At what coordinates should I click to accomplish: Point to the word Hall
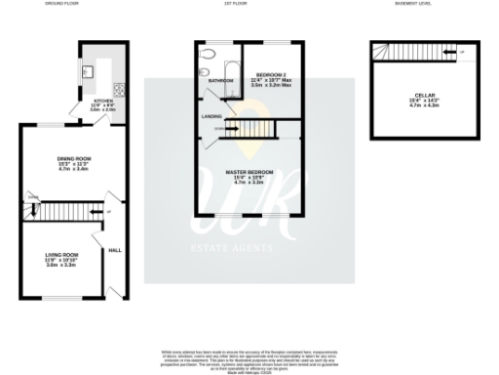point(114,248)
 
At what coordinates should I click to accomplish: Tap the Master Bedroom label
point(249,173)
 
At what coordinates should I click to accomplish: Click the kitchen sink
point(86,71)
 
